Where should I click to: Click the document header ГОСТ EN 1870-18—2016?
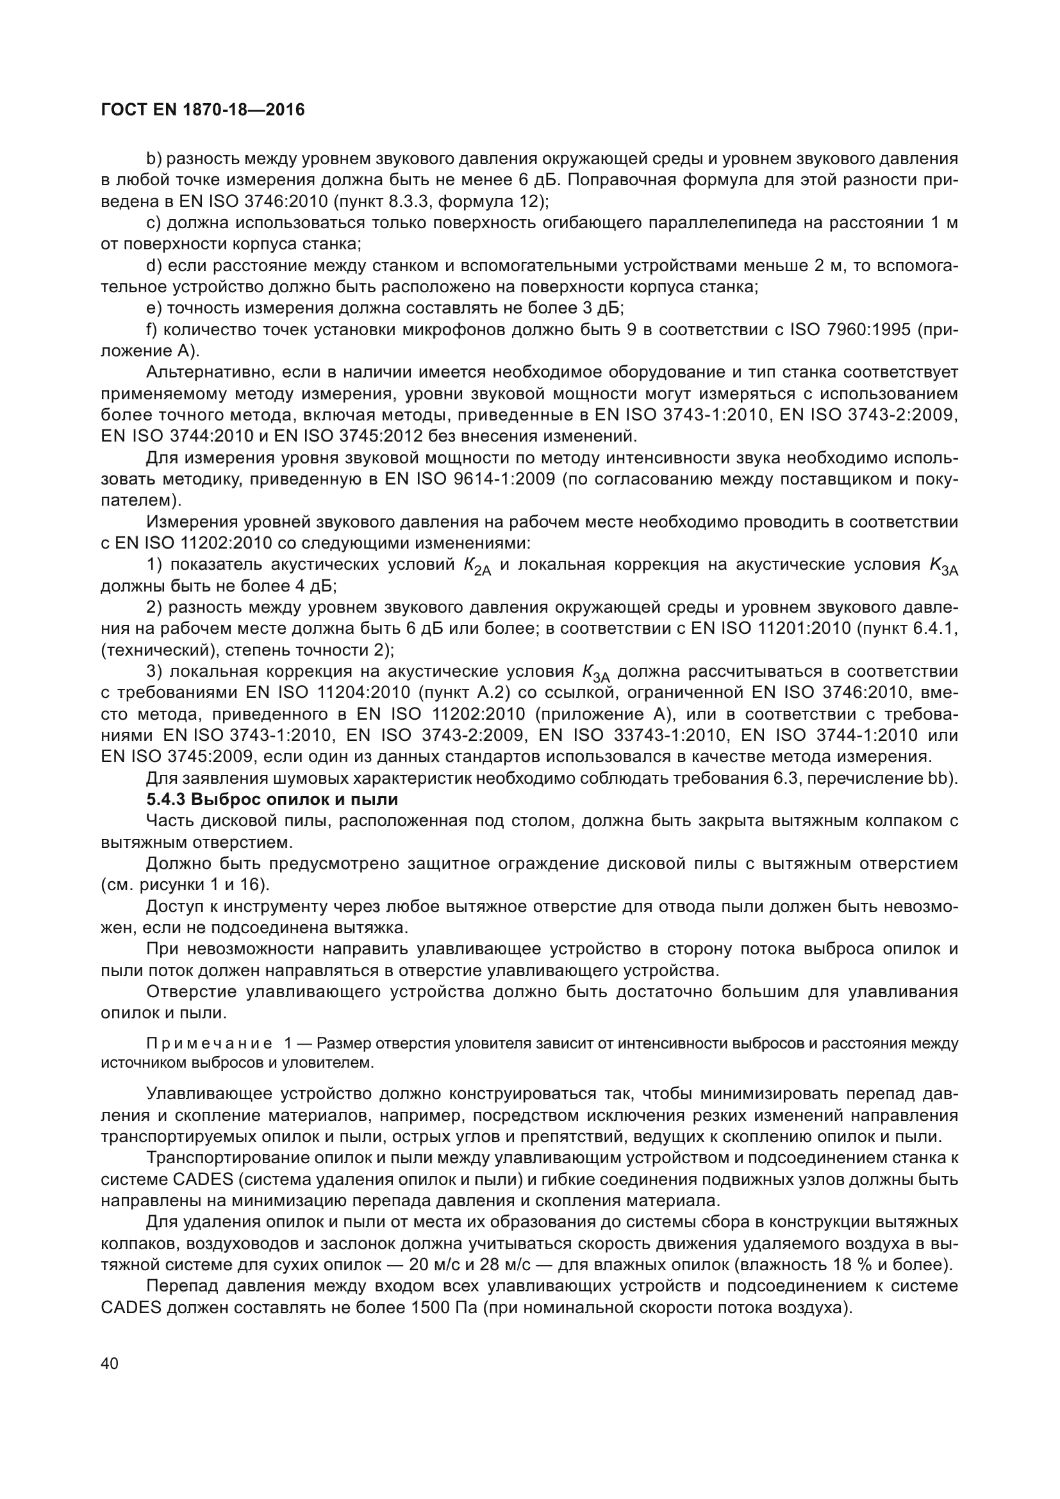pyautogui.click(x=203, y=110)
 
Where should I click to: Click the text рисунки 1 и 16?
pyautogui.click(x=199, y=885)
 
